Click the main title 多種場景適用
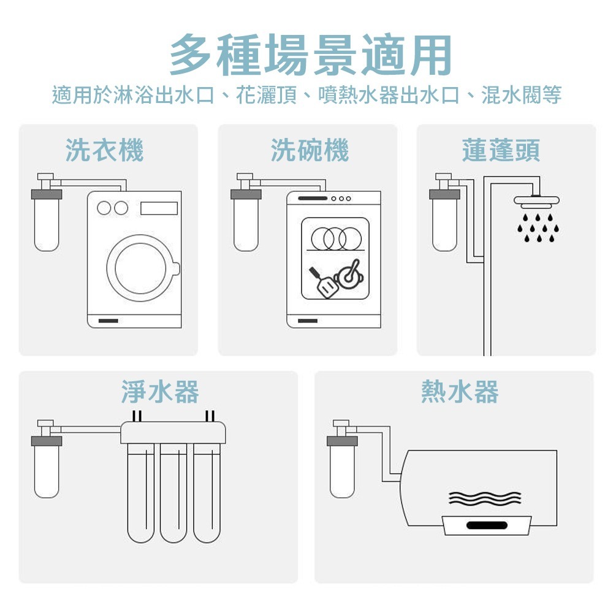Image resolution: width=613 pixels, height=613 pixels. pyautogui.click(x=311, y=55)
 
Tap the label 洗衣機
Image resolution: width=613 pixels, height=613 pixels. pyautogui.click(x=104, y=150)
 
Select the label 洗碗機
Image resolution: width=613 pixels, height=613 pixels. pyautogui.click(x=310, y=150)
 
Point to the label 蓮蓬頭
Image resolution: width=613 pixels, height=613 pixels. pyautogui.click(x=501, y=150)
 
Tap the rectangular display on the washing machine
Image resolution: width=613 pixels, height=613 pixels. pyautogui.click(x=159, y=208)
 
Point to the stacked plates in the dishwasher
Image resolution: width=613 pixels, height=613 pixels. pyautogui.click(x=334, y=238)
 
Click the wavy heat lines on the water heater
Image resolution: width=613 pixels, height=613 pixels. pyautogui.click(x=484, y=497)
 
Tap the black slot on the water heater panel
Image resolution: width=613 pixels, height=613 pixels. pyautogui.click(x=485, y=525)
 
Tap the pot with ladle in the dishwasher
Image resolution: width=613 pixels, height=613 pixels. pyautogui.click(x=351, y=274)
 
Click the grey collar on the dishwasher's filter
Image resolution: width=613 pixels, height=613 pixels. pyautogui.click(x=246, y=195)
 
